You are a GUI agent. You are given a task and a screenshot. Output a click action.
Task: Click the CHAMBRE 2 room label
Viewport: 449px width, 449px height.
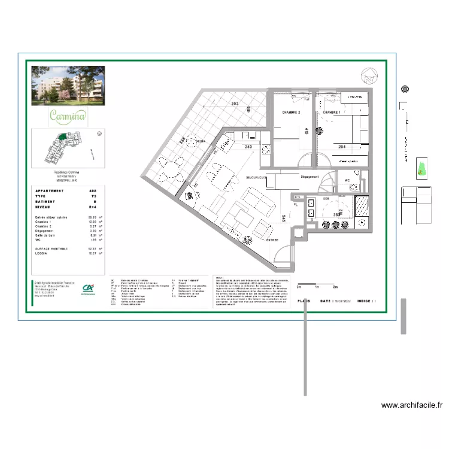(287, 113)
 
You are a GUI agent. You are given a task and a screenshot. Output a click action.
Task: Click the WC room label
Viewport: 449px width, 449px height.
(347, 180)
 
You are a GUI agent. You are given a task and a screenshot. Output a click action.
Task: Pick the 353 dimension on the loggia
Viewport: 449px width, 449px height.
(235, 104)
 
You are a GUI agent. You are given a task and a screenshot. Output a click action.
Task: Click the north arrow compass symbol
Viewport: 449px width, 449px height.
(368, 75)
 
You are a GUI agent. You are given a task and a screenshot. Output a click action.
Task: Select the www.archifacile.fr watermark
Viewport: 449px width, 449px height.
(412, 405)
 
